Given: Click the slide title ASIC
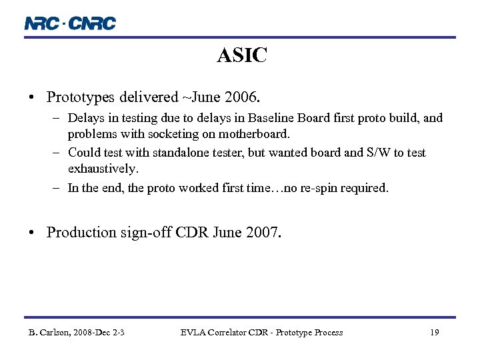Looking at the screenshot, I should (242, 56).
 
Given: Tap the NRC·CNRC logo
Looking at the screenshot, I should (70, 23).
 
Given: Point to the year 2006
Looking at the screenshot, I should (239, 97).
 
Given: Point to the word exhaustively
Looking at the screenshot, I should (103, 169).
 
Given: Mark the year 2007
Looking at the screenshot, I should (264, 233).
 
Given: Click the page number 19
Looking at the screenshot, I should (434, 332).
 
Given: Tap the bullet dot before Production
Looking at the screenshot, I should (32, 233).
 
